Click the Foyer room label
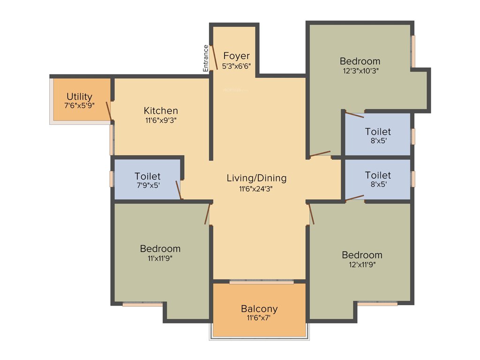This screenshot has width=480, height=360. (x=236, y=56)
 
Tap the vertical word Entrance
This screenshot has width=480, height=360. (x=205, y=58)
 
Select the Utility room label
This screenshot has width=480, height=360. (x=79, y=97)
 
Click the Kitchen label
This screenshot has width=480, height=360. (x=161, y=111)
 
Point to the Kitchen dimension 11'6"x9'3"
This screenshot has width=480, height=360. (x=161, y=120)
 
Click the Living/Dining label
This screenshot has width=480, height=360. (x=256, y=178)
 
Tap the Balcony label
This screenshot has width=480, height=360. (x=259, y=309)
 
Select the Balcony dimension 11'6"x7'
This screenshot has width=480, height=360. (x=259, y=318)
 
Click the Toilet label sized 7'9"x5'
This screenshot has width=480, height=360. (x=147, y=176)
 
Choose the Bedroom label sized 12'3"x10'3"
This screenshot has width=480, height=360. (x=360, y=61)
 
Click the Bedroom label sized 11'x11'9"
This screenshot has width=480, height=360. (x=160, y=248)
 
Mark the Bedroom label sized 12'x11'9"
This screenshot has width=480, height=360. (x=362, y=255)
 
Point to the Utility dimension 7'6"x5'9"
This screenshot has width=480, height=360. (x=79, y=106)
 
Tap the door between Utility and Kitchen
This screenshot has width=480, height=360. (x=109, y=111)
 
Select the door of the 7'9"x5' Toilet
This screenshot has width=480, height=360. (x=178, y=189)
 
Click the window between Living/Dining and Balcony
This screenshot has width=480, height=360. (x=262, y=282)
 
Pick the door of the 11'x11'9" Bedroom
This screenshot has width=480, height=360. (x=207, y=213)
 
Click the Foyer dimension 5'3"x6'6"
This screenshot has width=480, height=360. (x=236, y=66)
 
